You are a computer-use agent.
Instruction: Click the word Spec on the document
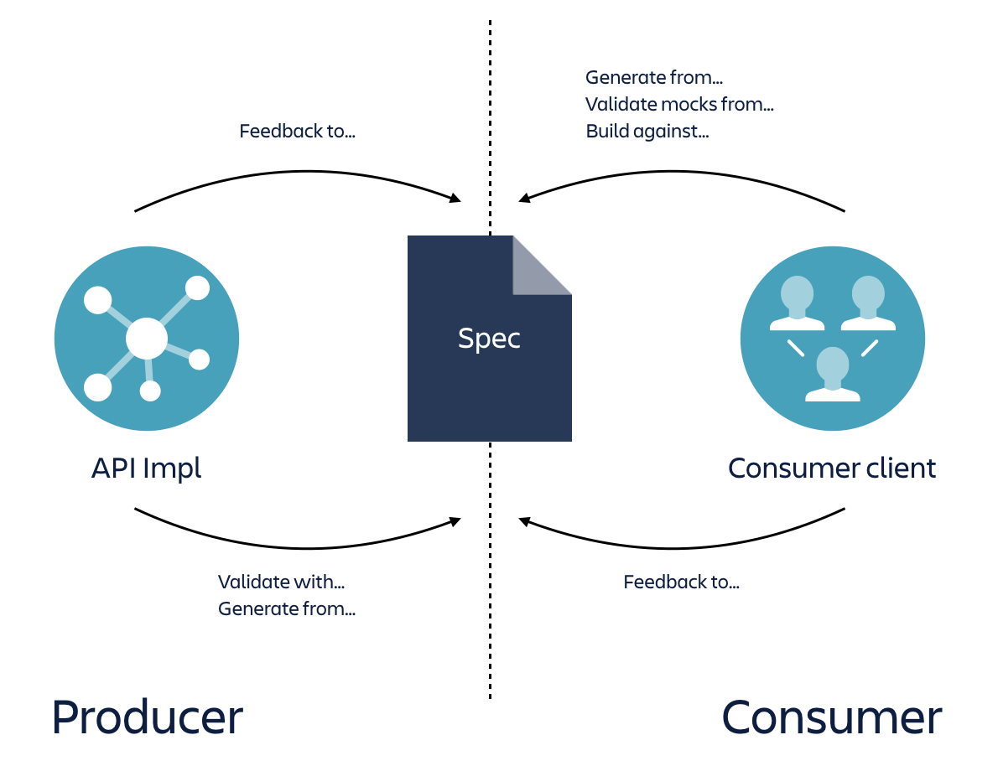(489, 338)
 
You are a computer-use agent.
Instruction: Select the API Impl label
(147, 468)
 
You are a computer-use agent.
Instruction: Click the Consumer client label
(832, 468)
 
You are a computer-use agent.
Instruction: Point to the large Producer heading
(147, 717)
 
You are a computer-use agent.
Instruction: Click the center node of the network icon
(147, 339)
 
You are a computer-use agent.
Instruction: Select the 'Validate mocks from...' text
(679, 105)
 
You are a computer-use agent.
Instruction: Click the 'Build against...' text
(647, 132)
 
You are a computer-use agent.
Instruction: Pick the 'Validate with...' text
(282, 582)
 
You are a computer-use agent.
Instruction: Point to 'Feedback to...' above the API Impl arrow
(297, 132)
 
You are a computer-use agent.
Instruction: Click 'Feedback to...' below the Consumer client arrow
(681, 582)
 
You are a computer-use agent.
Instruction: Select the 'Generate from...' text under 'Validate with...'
(287, 608)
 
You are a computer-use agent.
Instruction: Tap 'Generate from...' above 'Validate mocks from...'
(654, 78)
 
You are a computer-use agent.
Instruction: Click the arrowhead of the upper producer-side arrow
(455, 199)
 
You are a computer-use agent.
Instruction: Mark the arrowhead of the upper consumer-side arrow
(524, 199)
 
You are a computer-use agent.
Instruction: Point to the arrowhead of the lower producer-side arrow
(455, 521)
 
